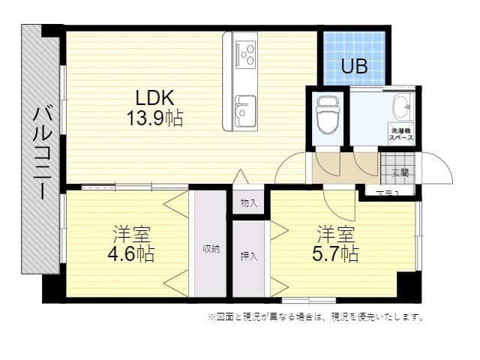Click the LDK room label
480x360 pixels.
154,97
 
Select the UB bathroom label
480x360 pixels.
354,67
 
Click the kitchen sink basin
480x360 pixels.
244,111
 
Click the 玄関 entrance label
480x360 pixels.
400,171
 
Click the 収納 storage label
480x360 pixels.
211,249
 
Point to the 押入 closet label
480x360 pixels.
249,256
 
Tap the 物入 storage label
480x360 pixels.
249,202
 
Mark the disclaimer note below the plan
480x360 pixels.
315,317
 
